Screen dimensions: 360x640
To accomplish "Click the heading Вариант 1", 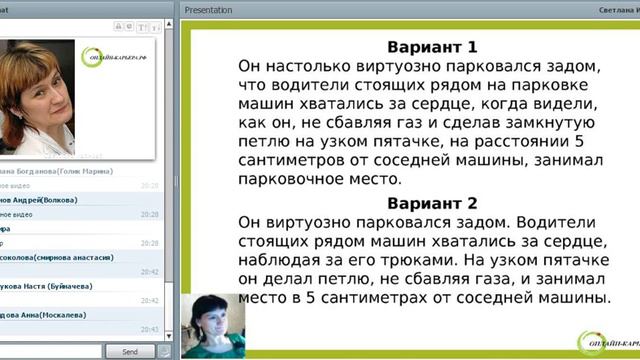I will coord(431,46).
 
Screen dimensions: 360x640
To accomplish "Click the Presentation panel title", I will coord(208,10).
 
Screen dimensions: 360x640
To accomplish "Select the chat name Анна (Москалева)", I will coord(60,323).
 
